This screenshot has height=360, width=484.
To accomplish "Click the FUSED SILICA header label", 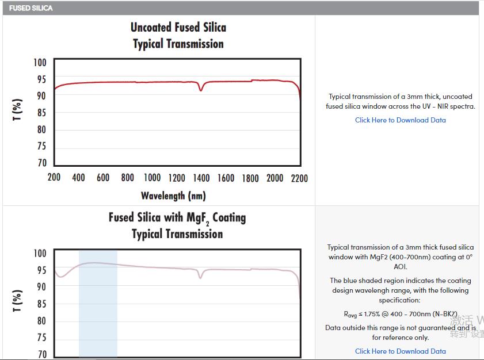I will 31,8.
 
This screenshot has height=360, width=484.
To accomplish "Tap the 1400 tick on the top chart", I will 201,178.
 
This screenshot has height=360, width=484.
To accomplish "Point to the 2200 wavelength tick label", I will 299,178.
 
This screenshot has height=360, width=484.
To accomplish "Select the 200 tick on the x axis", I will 54,178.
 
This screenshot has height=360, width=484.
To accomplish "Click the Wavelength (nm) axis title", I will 173,196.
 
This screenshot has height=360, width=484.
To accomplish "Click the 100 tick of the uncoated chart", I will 40,63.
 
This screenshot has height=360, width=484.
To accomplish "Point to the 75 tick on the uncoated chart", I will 41,147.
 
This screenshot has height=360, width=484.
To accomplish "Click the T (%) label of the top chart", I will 18,110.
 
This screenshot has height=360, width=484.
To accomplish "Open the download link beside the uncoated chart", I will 400,120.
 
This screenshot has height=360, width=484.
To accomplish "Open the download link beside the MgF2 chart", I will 400,351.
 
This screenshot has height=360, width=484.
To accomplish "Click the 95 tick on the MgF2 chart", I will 41,270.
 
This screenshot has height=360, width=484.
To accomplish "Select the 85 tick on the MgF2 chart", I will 41,304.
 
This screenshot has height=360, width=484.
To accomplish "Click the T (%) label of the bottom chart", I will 18,300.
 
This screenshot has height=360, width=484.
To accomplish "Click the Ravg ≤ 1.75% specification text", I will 400,314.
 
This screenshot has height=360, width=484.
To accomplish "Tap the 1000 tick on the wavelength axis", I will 152,178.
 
